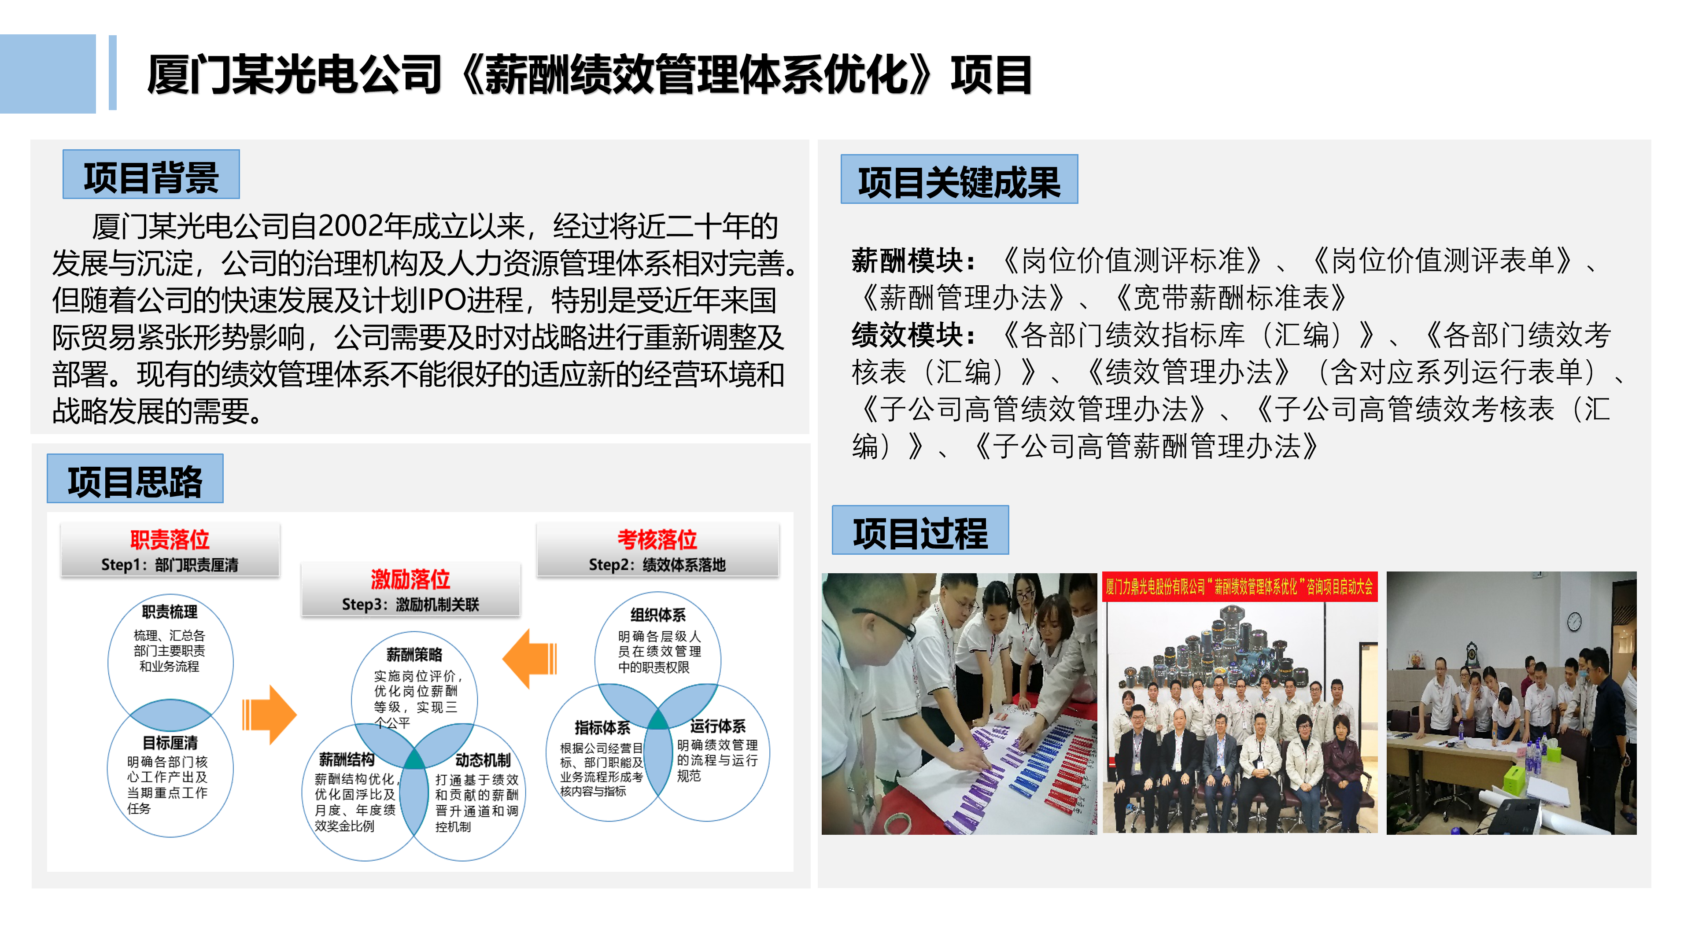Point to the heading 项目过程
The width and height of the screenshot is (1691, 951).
click(920, 533)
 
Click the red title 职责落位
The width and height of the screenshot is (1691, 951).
click(170, 539)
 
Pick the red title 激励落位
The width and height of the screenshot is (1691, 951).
click(410, 579)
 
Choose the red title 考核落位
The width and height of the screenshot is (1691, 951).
click(657, 539)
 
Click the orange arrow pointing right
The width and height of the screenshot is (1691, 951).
click(269, 715)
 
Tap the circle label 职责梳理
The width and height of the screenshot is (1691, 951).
click(170, 612)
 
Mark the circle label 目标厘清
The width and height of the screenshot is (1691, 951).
click(170, 742)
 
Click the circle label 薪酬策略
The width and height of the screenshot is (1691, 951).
click(414, 654)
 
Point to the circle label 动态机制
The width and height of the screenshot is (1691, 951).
click(483, 760)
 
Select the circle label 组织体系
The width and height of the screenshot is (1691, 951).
click(658, 615)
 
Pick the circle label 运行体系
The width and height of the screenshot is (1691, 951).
click(718, 726)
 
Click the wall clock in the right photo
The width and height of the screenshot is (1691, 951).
click(1574, 620)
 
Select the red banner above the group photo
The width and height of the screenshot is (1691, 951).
click(1239, 587)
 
